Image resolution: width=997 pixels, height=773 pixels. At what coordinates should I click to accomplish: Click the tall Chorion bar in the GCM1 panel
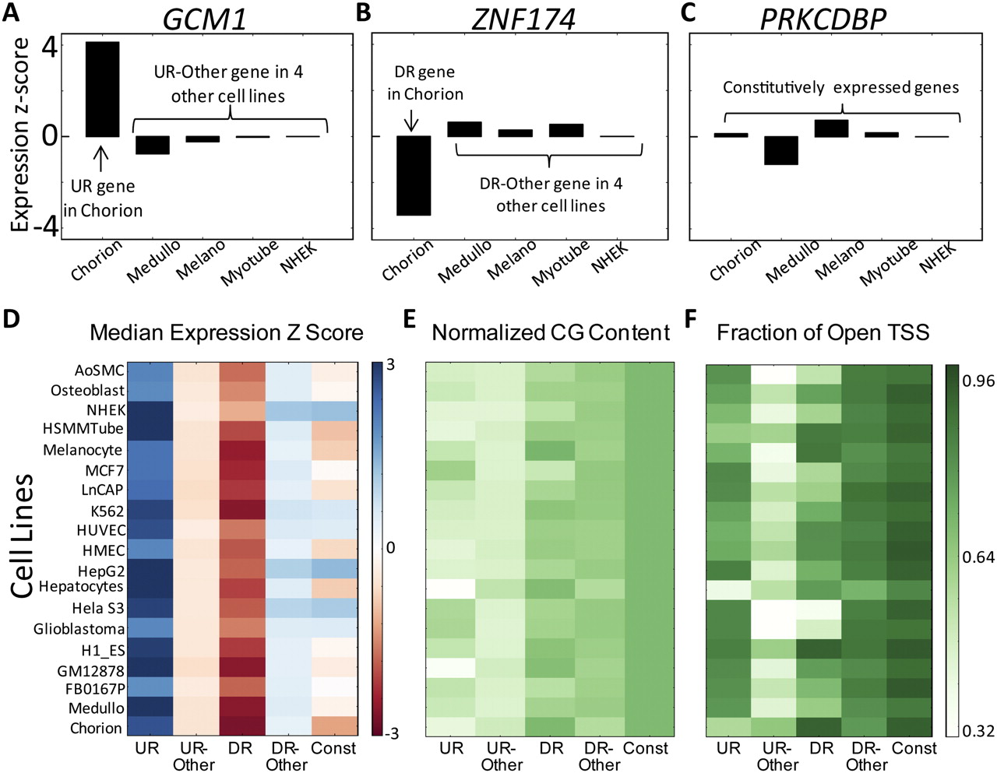[102, 89]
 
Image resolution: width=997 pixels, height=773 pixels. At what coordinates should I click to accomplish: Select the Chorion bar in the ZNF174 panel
[414, 175]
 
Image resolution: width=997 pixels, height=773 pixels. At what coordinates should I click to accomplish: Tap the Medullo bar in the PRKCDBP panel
[780, 150]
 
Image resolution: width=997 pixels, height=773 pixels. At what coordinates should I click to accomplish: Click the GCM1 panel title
[205, 19]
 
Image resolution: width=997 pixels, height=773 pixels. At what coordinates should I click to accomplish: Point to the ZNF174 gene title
[523, 19]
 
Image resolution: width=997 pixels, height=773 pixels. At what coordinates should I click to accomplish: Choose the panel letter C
[688, 12]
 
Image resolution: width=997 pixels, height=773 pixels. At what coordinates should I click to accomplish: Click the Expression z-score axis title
[20, 135]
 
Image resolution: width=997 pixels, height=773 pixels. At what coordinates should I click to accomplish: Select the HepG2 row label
[100, 571]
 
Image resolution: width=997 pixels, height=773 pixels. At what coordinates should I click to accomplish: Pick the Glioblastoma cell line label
[79, 628]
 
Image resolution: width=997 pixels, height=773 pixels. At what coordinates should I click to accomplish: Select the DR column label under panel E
[551, 748]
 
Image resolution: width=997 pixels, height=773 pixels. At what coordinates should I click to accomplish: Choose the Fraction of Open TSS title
[823, 332]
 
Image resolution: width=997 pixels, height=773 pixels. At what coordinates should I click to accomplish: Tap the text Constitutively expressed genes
[840, 87]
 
